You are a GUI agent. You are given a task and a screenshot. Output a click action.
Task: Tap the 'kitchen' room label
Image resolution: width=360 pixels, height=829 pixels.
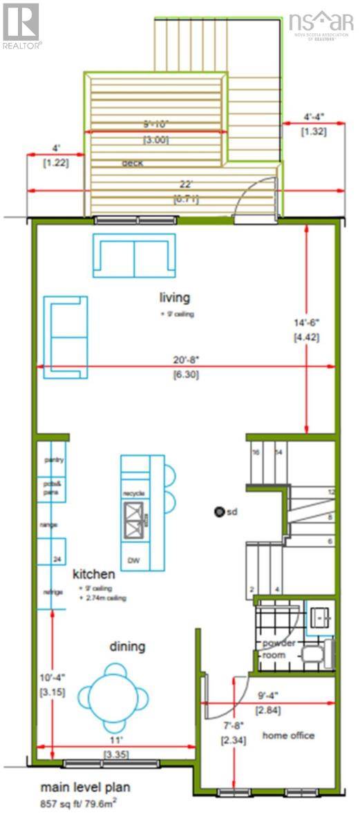pyautogui.click(x=94, y=574)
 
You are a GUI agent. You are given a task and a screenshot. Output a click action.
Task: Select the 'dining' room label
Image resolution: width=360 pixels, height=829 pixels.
pyautogui.click(x=127, y=647)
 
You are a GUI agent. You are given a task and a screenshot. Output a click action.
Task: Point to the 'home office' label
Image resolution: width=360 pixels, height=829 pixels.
pyautogui.click(x=288, y=735)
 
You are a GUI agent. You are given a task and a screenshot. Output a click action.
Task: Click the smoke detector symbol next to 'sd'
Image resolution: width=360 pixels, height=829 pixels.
pyautogui.click(x=219, y=512)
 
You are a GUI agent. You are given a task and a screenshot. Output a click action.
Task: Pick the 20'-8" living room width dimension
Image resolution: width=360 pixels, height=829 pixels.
pyautogui.click(x=183, y=359)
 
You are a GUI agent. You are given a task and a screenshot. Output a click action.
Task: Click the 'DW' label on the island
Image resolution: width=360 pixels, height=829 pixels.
pyautogui.click(x=133, y=560)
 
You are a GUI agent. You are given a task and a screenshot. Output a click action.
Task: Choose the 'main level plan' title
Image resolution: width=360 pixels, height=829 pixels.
pyautogui.click(x=85, y=787)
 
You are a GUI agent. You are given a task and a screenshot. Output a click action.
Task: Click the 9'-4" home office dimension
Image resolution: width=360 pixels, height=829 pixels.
pyautogui.click(x=267, y=696)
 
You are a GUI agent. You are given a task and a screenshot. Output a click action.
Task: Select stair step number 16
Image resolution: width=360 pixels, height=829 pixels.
pyautogui.click(x=255, y=452)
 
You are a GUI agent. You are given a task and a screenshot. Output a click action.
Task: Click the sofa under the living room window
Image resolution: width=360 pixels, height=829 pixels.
pyautogui.click(x=134, y=256)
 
